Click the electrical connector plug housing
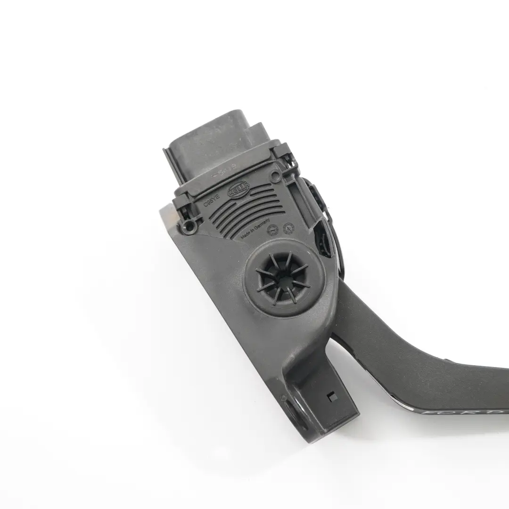(217, 141)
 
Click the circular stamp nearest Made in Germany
(272, 229)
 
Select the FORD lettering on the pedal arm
(462, 412)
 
